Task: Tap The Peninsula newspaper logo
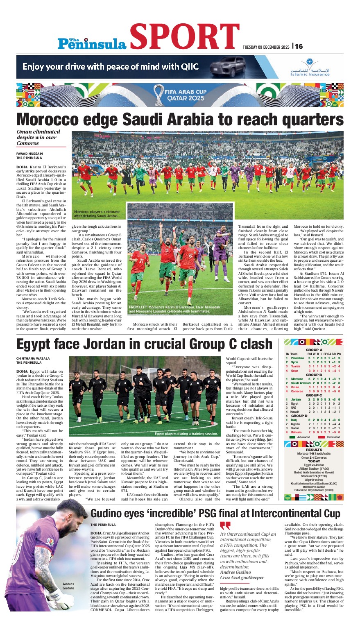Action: (92, 43)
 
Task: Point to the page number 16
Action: (299, 46)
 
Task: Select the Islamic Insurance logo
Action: (310, 67)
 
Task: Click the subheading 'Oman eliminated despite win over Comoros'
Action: (38, 138)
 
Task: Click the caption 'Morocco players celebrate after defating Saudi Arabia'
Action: (97, 214)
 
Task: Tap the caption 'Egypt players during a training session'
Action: (186, 434)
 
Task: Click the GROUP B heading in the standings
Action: (314, 375)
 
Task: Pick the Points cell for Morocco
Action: (339, 379)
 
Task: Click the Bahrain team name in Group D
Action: (297, 432)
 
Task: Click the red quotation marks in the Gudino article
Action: (225, 525)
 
